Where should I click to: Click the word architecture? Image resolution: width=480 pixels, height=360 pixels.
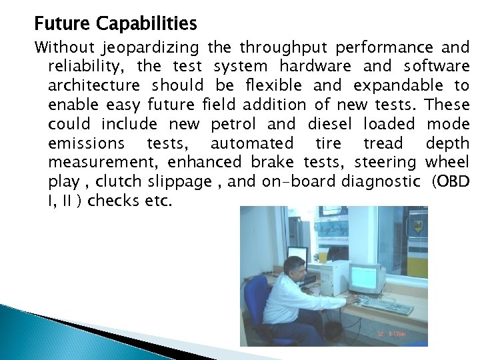[x=94, y=86]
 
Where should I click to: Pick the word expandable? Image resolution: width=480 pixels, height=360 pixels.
[x=397, y=86]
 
